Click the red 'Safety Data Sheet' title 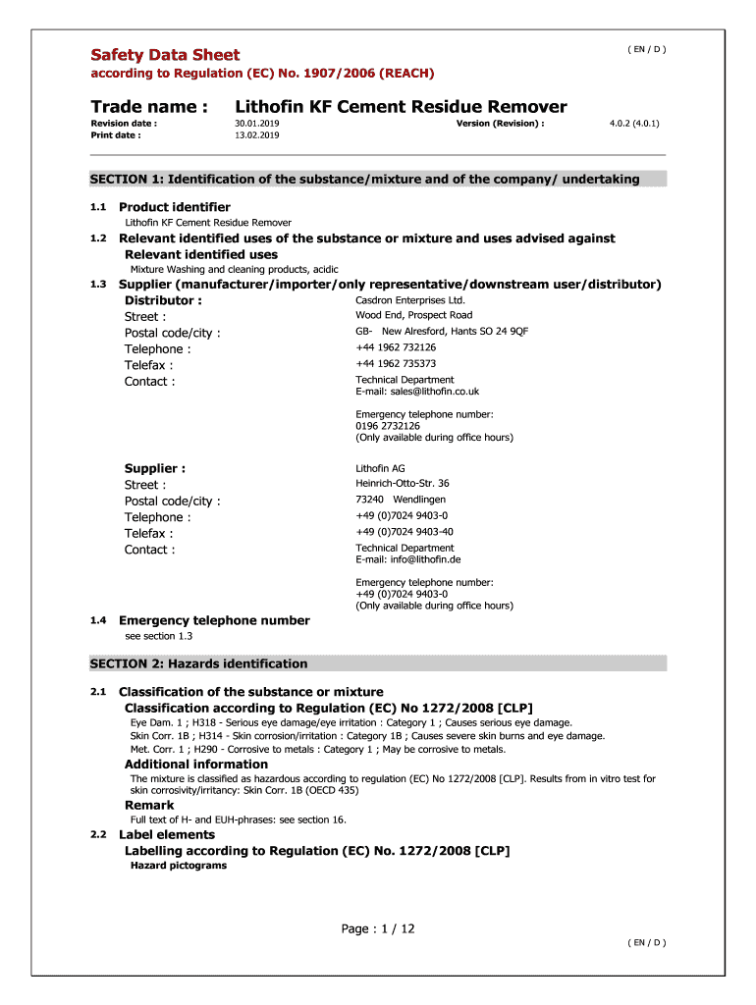tap(165, 55)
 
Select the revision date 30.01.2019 tap(257, 124)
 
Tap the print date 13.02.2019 tap(257, 135)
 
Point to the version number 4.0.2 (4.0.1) tap(634, 124)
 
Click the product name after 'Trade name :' tap(401, 106)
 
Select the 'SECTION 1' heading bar tap(378, 179)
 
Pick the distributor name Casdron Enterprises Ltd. tap(410, 299)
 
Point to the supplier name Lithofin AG tap(380, 468)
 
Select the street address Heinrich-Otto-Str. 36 tap(403, 483)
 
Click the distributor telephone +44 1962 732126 tap(396, 347)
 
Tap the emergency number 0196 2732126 tap(388, 426)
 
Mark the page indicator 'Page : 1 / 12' tap(378, 928)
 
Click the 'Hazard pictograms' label tap(179, 866)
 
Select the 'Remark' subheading tap(149, 805)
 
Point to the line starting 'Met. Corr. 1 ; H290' tap(318, 749)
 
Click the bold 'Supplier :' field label tap(155, 468)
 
